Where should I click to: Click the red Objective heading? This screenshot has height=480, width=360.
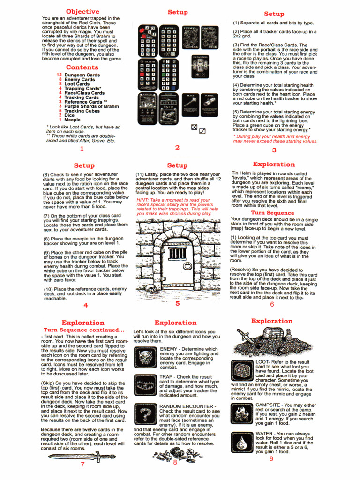click(82, 11)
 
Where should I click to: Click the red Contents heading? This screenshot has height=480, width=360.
click(82, 67)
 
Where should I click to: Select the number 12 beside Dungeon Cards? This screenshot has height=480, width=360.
click(59, 75)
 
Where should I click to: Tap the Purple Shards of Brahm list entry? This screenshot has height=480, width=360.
click(91, 106)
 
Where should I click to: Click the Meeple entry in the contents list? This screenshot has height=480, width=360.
click(72, 120)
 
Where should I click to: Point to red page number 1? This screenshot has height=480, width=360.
click(82, 149)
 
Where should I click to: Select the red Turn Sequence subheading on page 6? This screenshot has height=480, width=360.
click(266, 213)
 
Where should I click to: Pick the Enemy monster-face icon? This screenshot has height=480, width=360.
click(144, 357)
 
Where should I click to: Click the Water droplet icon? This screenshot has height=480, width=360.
click(242, 441)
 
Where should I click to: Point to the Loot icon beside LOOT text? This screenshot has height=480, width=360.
click(242, 370)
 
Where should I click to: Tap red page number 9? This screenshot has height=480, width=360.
click(271, 458)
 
